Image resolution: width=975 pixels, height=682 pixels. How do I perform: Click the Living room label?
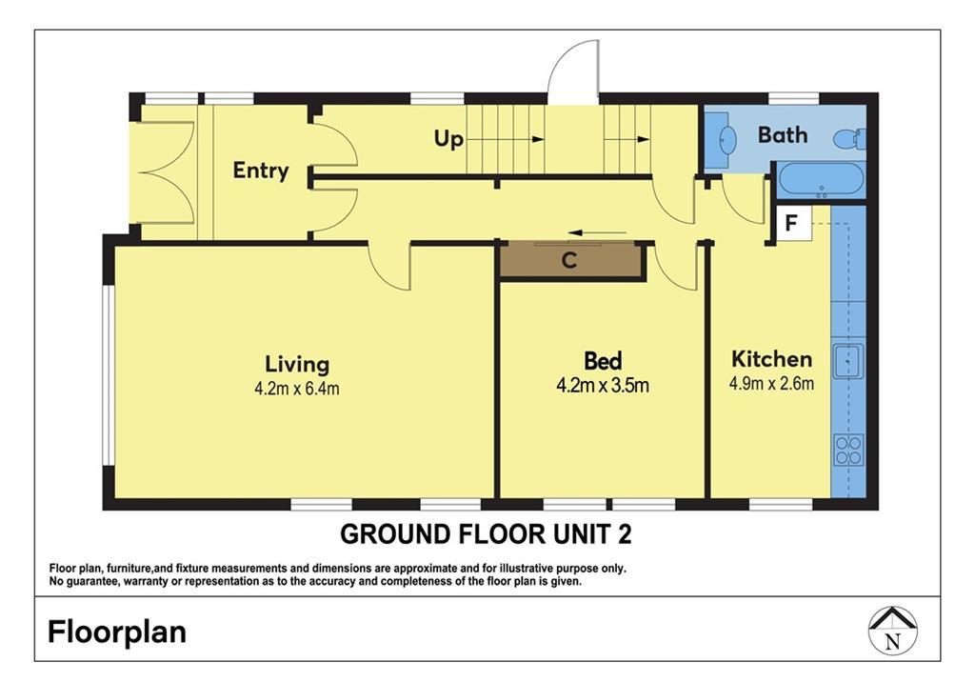(x=297, y=365)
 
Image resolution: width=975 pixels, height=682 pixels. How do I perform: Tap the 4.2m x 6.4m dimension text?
(x=297, y=389)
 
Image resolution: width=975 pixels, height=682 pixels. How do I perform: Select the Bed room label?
(x=603, y=361)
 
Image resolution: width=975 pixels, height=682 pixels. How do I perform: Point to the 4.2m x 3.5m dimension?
(x=603, y=386)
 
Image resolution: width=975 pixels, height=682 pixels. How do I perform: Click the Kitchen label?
(x=771, y=359)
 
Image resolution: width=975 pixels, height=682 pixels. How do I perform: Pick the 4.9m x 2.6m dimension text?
(x=771, y=383)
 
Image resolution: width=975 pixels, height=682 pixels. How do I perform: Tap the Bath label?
(x=783, y=135)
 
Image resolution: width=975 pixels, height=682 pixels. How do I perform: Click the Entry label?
(x=261, y=170)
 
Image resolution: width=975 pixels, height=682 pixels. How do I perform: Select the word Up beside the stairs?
(x=448, y=139)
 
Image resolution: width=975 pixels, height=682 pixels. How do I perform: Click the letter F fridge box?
(x=791, y=222)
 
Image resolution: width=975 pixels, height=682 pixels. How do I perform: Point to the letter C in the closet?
(x=569, y=260)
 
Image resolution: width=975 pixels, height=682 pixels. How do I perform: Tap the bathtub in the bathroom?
(x=822, y=180)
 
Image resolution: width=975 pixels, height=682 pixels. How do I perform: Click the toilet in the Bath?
(x=849, y=139)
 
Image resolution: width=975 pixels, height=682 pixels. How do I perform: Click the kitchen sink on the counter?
(x=847, y=361)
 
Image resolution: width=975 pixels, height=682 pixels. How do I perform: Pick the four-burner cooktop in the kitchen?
(x=848, y=451)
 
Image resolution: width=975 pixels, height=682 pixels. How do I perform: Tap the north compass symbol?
(x=893, y=631)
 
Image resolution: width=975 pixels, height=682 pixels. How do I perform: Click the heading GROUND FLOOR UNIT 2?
(x=486, y=534)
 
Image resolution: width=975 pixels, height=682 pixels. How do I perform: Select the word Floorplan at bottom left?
(x=117, y=632)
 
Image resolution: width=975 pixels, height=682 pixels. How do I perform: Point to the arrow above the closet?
(x=598, y=233)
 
